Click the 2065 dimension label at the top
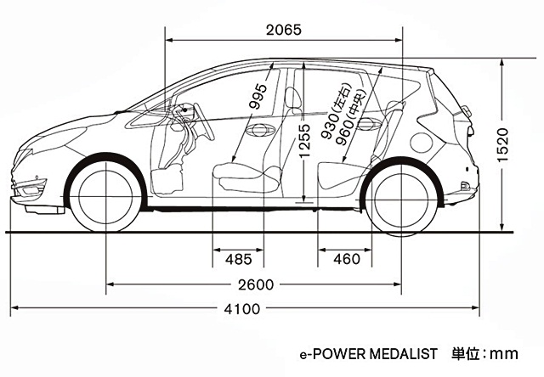283,30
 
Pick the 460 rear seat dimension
346,258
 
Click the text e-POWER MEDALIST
367,353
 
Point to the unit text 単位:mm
484,353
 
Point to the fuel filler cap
422,139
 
